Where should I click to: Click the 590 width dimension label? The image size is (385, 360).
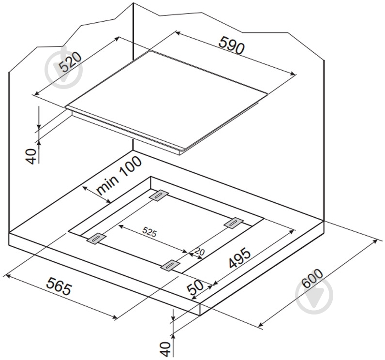[232, 45]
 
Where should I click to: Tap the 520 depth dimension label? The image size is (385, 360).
[70, 61]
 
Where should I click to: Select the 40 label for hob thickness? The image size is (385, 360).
[31, 156]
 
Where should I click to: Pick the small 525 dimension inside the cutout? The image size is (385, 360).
[149, 232]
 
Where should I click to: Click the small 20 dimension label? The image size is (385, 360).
[199, 252]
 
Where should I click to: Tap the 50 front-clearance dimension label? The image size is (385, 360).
[195, 287]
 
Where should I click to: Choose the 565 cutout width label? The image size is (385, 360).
[59, 286]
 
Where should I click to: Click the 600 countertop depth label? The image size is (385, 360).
[312, 279]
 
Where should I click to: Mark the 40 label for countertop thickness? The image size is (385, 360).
[165, 349]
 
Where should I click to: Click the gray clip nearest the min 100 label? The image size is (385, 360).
[159, 195]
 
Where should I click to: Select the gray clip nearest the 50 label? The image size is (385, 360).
[170, 266]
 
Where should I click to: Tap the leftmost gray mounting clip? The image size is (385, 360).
[96, 238]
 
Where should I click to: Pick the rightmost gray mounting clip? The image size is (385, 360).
[234, 223]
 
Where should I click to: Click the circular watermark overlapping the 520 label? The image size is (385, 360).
[63, 70]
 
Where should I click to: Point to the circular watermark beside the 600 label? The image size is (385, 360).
[314, 296]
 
